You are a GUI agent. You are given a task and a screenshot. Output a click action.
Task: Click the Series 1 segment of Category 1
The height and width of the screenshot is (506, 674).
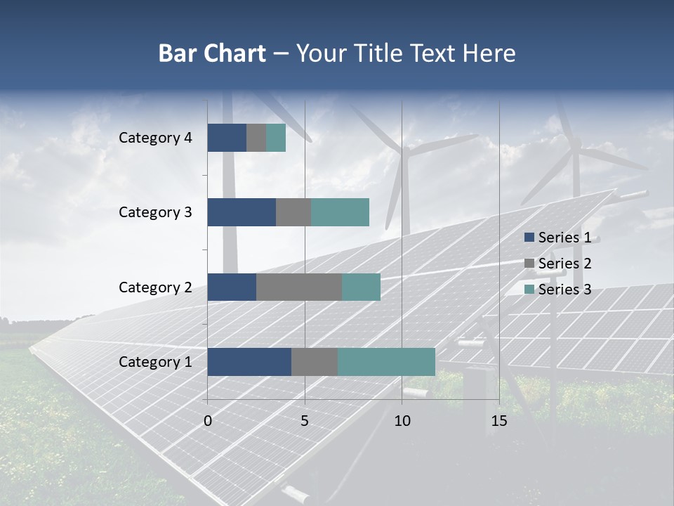(249, 362)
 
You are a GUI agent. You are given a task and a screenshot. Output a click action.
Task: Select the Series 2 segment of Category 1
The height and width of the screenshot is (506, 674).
(315, 362)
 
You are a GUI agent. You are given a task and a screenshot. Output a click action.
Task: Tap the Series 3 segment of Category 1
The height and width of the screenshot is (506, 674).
(386, 362)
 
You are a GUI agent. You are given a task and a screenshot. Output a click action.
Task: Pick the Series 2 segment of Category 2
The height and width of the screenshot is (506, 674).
(299, 287)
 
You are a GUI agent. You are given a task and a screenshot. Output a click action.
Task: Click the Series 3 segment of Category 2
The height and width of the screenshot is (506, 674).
(361, 287)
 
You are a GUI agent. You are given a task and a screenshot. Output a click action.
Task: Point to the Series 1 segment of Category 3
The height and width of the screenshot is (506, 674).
(242, 212)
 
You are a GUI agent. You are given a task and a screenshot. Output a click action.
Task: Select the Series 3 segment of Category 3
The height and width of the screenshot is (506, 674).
(340, 212)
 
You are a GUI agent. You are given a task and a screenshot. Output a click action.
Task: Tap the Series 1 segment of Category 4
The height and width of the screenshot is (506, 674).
(227, 138)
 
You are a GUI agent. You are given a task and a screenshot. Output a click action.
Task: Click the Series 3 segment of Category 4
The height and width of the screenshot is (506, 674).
(276, 138)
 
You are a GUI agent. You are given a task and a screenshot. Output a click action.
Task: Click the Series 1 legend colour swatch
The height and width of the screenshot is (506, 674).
(529, 238)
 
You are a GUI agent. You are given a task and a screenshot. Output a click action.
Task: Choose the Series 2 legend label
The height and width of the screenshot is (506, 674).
(564, 264)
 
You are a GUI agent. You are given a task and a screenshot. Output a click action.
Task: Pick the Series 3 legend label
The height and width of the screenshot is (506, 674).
(564, 290)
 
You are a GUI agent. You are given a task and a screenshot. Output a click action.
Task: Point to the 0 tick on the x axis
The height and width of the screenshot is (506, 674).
(208, 421)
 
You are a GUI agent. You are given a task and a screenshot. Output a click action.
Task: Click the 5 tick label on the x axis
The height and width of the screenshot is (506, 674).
(305, 421)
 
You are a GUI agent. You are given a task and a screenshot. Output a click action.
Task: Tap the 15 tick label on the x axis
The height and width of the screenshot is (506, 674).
(498, 421)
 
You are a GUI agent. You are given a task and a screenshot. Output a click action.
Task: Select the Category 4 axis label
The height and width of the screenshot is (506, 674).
(155, 138)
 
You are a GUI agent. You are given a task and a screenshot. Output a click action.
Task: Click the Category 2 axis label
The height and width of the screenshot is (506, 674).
(155, 287)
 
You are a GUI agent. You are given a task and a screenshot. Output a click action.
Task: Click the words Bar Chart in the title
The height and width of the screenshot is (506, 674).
(212, 53)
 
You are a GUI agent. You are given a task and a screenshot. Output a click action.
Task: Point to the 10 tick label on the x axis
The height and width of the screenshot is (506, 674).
(402, 421)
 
